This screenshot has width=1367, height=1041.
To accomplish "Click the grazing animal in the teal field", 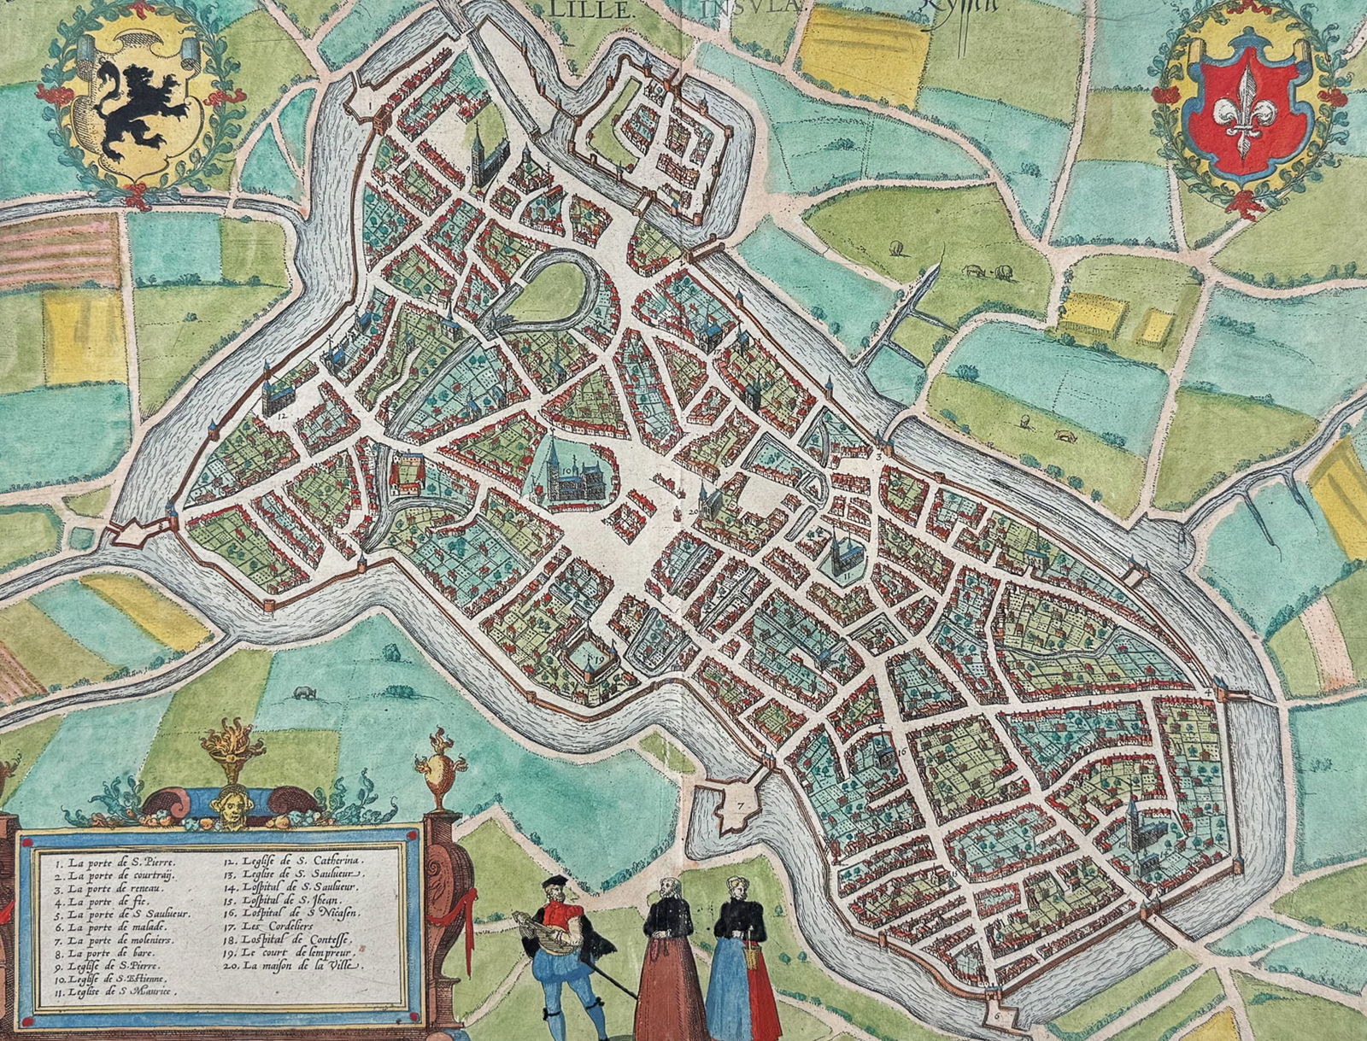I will click(x=301, y=691).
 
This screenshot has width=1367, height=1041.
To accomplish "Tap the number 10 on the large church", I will click(x=568, y=469).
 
